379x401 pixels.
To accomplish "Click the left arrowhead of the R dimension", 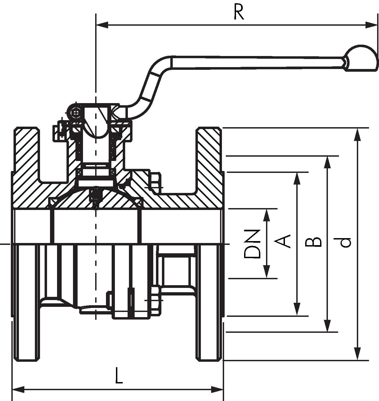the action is [x=102, y=25].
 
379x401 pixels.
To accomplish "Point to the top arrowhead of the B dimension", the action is [x=327, y=163].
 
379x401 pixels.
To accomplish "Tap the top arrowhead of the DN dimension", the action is [x=267, y=215].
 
